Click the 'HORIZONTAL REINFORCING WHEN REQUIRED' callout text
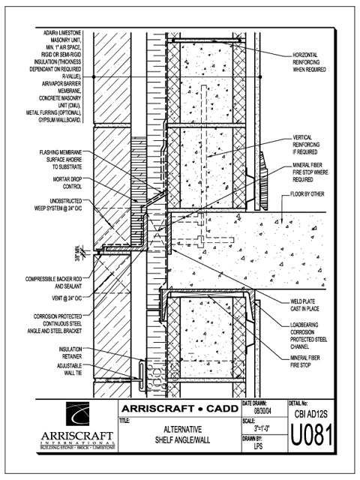point(310,62)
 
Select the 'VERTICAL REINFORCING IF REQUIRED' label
point(306,145)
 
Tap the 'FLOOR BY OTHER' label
point(307,194)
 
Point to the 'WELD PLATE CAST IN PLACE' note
point(305,305)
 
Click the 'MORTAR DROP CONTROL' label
point(67,183)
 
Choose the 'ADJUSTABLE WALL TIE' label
point(70,369)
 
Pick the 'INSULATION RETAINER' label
point(70,352)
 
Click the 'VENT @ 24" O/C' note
point(67,298)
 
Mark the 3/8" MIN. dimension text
point(77,253)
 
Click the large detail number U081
point(311,434)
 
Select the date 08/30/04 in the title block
point(262,411)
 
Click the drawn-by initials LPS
point(258,446)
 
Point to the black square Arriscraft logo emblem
point(78,414)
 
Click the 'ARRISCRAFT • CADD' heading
point(180,409)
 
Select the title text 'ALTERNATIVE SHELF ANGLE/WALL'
point(182,435)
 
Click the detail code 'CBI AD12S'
point(311,414)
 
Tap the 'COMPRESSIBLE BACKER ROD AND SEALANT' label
point(53,283)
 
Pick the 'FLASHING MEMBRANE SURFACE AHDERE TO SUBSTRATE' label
point(61,160)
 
